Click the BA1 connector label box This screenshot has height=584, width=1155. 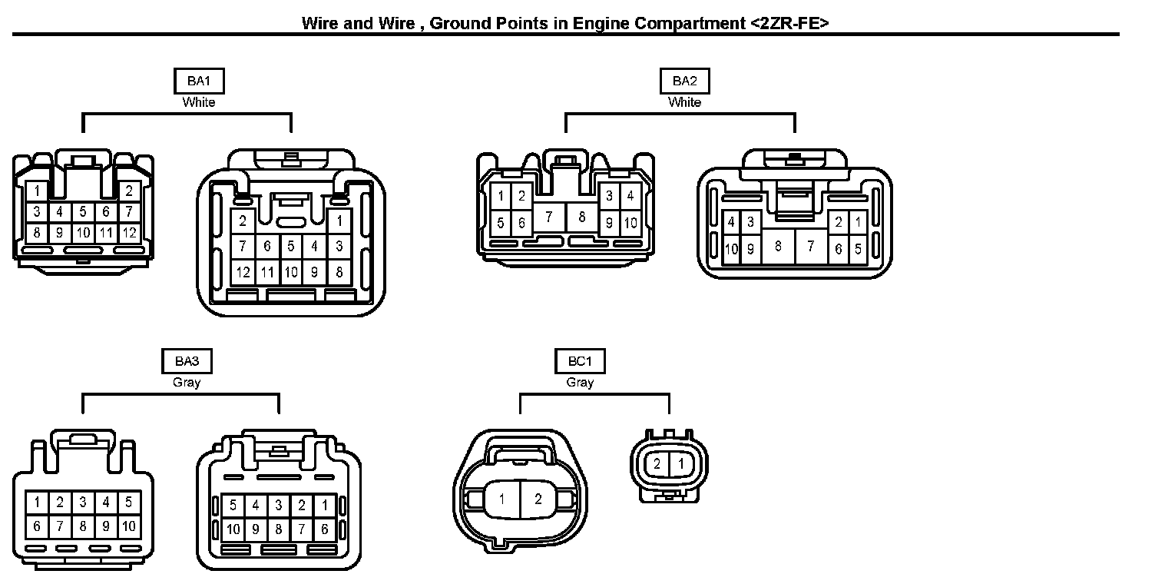199,81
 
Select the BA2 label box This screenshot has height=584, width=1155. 684,81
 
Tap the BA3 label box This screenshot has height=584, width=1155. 187,361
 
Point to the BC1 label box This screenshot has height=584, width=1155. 580,361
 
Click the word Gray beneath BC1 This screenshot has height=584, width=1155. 580,382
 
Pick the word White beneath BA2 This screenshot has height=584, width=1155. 684,102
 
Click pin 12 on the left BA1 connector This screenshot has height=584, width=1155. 129,231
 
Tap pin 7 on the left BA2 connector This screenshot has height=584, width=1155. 549,217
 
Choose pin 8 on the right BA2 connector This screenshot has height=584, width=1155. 778,246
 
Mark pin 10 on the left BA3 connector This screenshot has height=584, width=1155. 128,526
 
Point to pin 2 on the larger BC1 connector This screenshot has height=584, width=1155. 538,499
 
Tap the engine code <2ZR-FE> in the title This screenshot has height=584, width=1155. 789,23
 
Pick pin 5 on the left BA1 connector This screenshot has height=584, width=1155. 82,211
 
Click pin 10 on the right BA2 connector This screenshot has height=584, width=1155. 731,249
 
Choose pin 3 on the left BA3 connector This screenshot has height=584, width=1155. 82,503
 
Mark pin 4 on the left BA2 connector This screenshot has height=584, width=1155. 630,196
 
